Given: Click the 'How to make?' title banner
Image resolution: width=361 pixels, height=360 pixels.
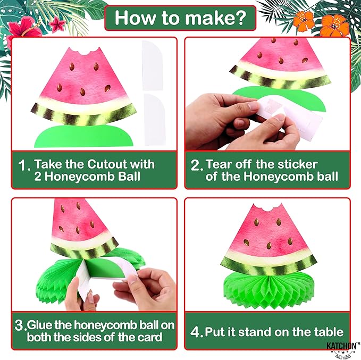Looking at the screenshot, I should pos(180,19).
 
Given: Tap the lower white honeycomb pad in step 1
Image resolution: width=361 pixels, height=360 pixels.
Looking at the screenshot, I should pos(155,118).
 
